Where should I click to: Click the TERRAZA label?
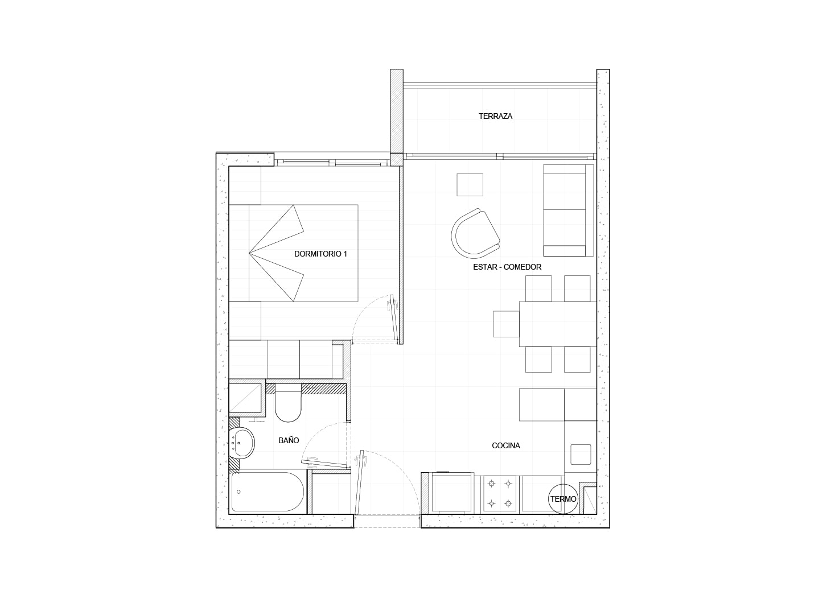(x=495, y=116)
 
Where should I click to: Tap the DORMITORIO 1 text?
(x=320, y=254)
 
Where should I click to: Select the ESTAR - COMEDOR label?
(x=507, y=267)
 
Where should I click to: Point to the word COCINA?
(x=505, y=446)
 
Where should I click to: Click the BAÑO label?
(x=289, y=440)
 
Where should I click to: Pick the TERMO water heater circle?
(x=563, y=499)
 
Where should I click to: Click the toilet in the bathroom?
(x=288, y=403)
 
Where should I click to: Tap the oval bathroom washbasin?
(x=241, y=443)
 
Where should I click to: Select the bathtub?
(x=268, y=492)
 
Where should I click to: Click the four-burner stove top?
(x=500, y=494)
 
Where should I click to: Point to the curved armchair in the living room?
(x=475, y=233)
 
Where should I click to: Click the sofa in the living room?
(x=569, y=210)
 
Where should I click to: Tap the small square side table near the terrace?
(x=470, y=185)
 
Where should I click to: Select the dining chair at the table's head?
(x=506, y=324)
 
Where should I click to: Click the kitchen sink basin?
(x=581, y=455)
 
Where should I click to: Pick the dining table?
(x=558, y=324)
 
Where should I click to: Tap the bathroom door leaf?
(x=326, y=463)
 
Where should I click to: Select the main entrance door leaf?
(x=359, y=484)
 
